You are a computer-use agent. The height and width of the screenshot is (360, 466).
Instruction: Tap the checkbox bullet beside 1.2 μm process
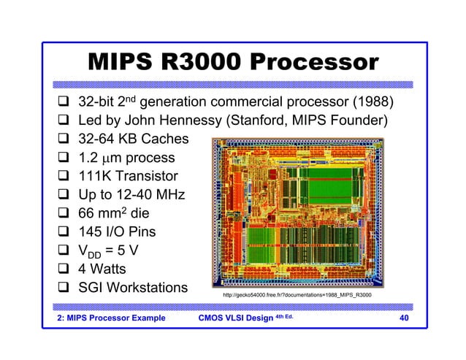[x=64, y=158]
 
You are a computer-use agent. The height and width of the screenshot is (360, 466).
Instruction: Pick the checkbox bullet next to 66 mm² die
[x=64, y=214]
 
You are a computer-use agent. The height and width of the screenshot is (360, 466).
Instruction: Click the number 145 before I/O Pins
[x=93, y=233]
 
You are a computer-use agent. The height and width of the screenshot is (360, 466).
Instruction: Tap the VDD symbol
[x=92, y=253]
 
